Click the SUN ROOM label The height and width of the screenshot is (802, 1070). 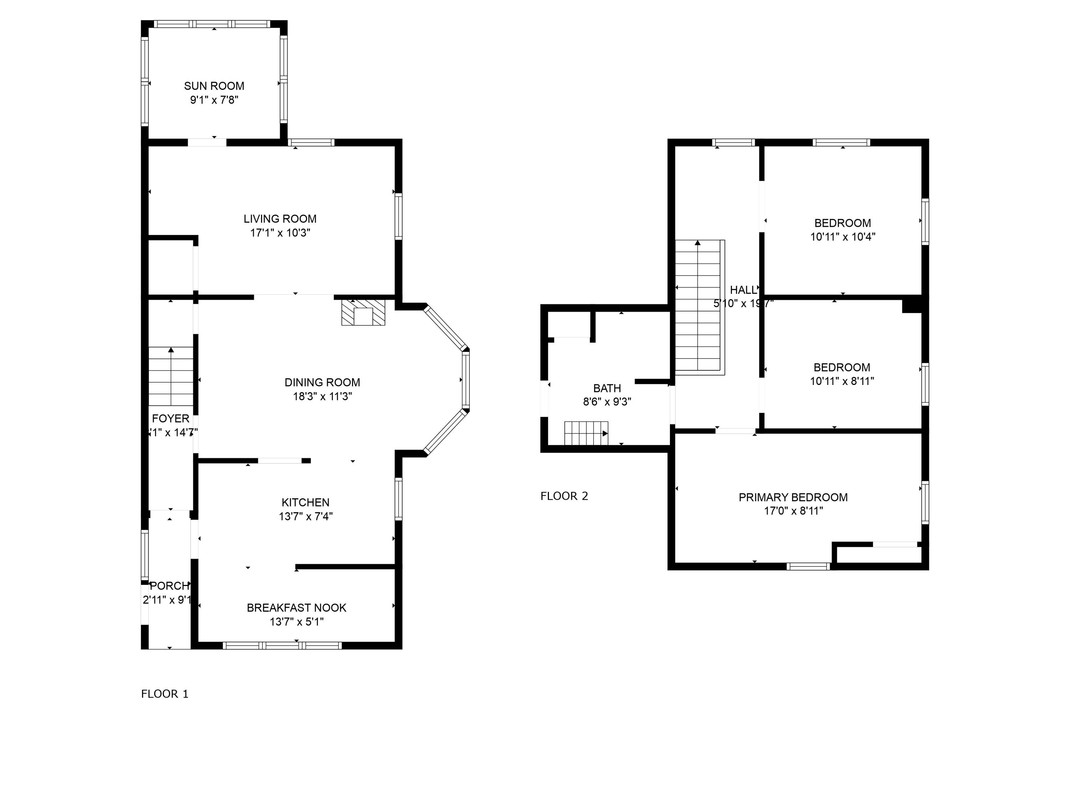214,86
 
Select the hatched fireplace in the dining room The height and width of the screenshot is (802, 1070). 363,312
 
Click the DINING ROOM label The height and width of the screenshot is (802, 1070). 322,382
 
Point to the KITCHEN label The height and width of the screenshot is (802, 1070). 305,502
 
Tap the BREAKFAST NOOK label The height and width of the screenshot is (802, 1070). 296,608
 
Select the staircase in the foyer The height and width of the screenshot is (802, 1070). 171,376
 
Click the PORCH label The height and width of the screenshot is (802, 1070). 169,586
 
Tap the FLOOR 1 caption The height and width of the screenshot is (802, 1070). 164,694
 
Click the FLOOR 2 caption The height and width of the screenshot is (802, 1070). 564,496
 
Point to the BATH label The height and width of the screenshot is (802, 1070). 607,388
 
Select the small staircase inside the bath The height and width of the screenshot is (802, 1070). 586,433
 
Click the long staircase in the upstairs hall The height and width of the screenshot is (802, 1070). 699,307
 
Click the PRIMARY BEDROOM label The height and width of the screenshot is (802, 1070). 793,498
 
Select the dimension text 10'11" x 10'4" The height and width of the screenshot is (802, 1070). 843,237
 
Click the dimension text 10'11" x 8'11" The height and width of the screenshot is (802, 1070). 842,381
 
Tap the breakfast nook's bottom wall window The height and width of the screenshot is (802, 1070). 282,646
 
